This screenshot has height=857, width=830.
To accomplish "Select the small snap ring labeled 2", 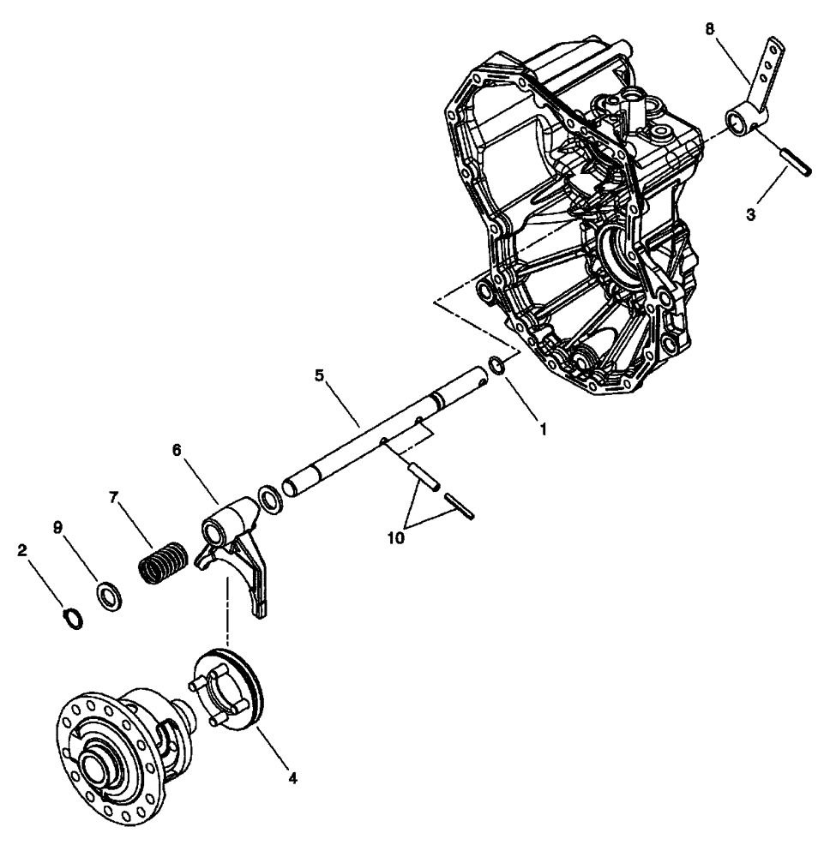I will [x=74, y=617].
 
